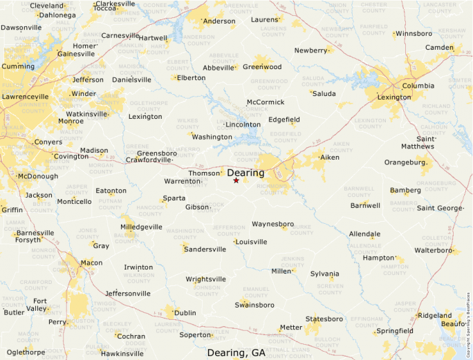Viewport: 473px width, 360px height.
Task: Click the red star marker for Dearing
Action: tap(236, 180)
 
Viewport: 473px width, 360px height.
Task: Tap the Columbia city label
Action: tap(418, 86)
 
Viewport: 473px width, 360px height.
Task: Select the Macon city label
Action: tap(91, 263)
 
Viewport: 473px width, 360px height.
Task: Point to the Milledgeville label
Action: tap(141, 227)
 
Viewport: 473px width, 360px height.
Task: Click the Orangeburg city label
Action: tap(405, 162)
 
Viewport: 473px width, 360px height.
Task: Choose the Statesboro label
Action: tap(324, 319)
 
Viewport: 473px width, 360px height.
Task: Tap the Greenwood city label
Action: tap(262, 67)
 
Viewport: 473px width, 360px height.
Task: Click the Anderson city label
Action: tap(219, 21)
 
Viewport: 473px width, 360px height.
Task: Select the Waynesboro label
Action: tap(272, 224)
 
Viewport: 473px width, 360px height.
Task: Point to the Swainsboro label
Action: tap(254, 305)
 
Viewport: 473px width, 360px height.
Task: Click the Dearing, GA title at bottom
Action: tap(236, 352)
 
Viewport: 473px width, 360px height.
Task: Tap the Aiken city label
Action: tap(330, 158)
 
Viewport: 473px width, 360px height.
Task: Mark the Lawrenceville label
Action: tap(26, 97)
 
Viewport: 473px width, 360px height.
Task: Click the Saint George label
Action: tap(440, 208)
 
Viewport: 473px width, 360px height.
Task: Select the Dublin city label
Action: tap(185, 313)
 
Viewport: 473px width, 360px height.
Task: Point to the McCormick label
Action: tap(266, 102)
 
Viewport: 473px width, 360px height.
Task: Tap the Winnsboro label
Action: tap(414, 33)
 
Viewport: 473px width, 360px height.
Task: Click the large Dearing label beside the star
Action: tap(245, 173)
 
